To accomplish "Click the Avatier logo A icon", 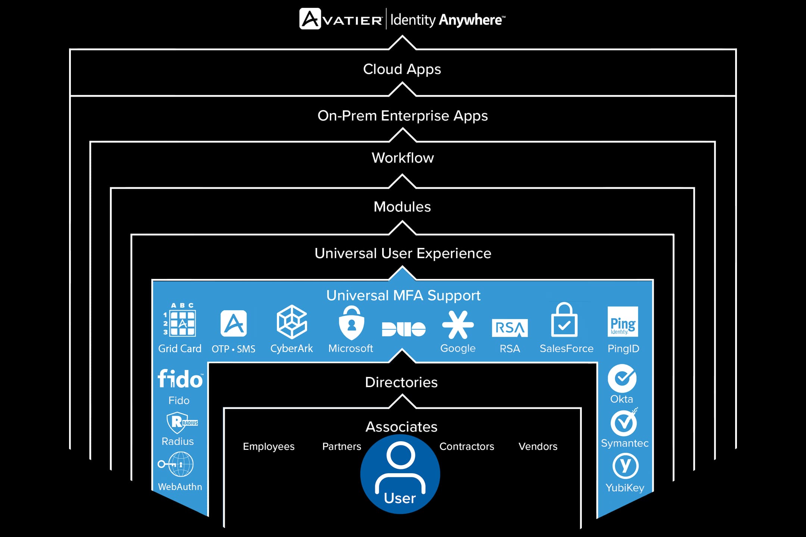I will [x=310, y=19].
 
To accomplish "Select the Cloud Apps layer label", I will [x=402, y=69].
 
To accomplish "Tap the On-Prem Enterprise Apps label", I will [x=403, y=116].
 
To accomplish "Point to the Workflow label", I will [x=403, y=158].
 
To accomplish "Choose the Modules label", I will [x=402, y=207].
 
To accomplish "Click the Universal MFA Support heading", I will [x=403, y=296].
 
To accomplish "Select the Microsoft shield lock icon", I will [x=351, y=323].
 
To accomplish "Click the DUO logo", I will [x=403, y=329].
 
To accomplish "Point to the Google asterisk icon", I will [x=458, y=324].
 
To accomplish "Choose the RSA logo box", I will [x=510, y=328].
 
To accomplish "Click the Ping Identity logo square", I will [x=623, y=322].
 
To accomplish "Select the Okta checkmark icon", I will [x=622, y=378].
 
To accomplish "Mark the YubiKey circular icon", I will [x=625, y=466].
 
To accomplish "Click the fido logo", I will [x=180, y=379].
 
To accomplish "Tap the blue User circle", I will [x=400, y=474].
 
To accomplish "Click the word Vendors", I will [x=538, y=446].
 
